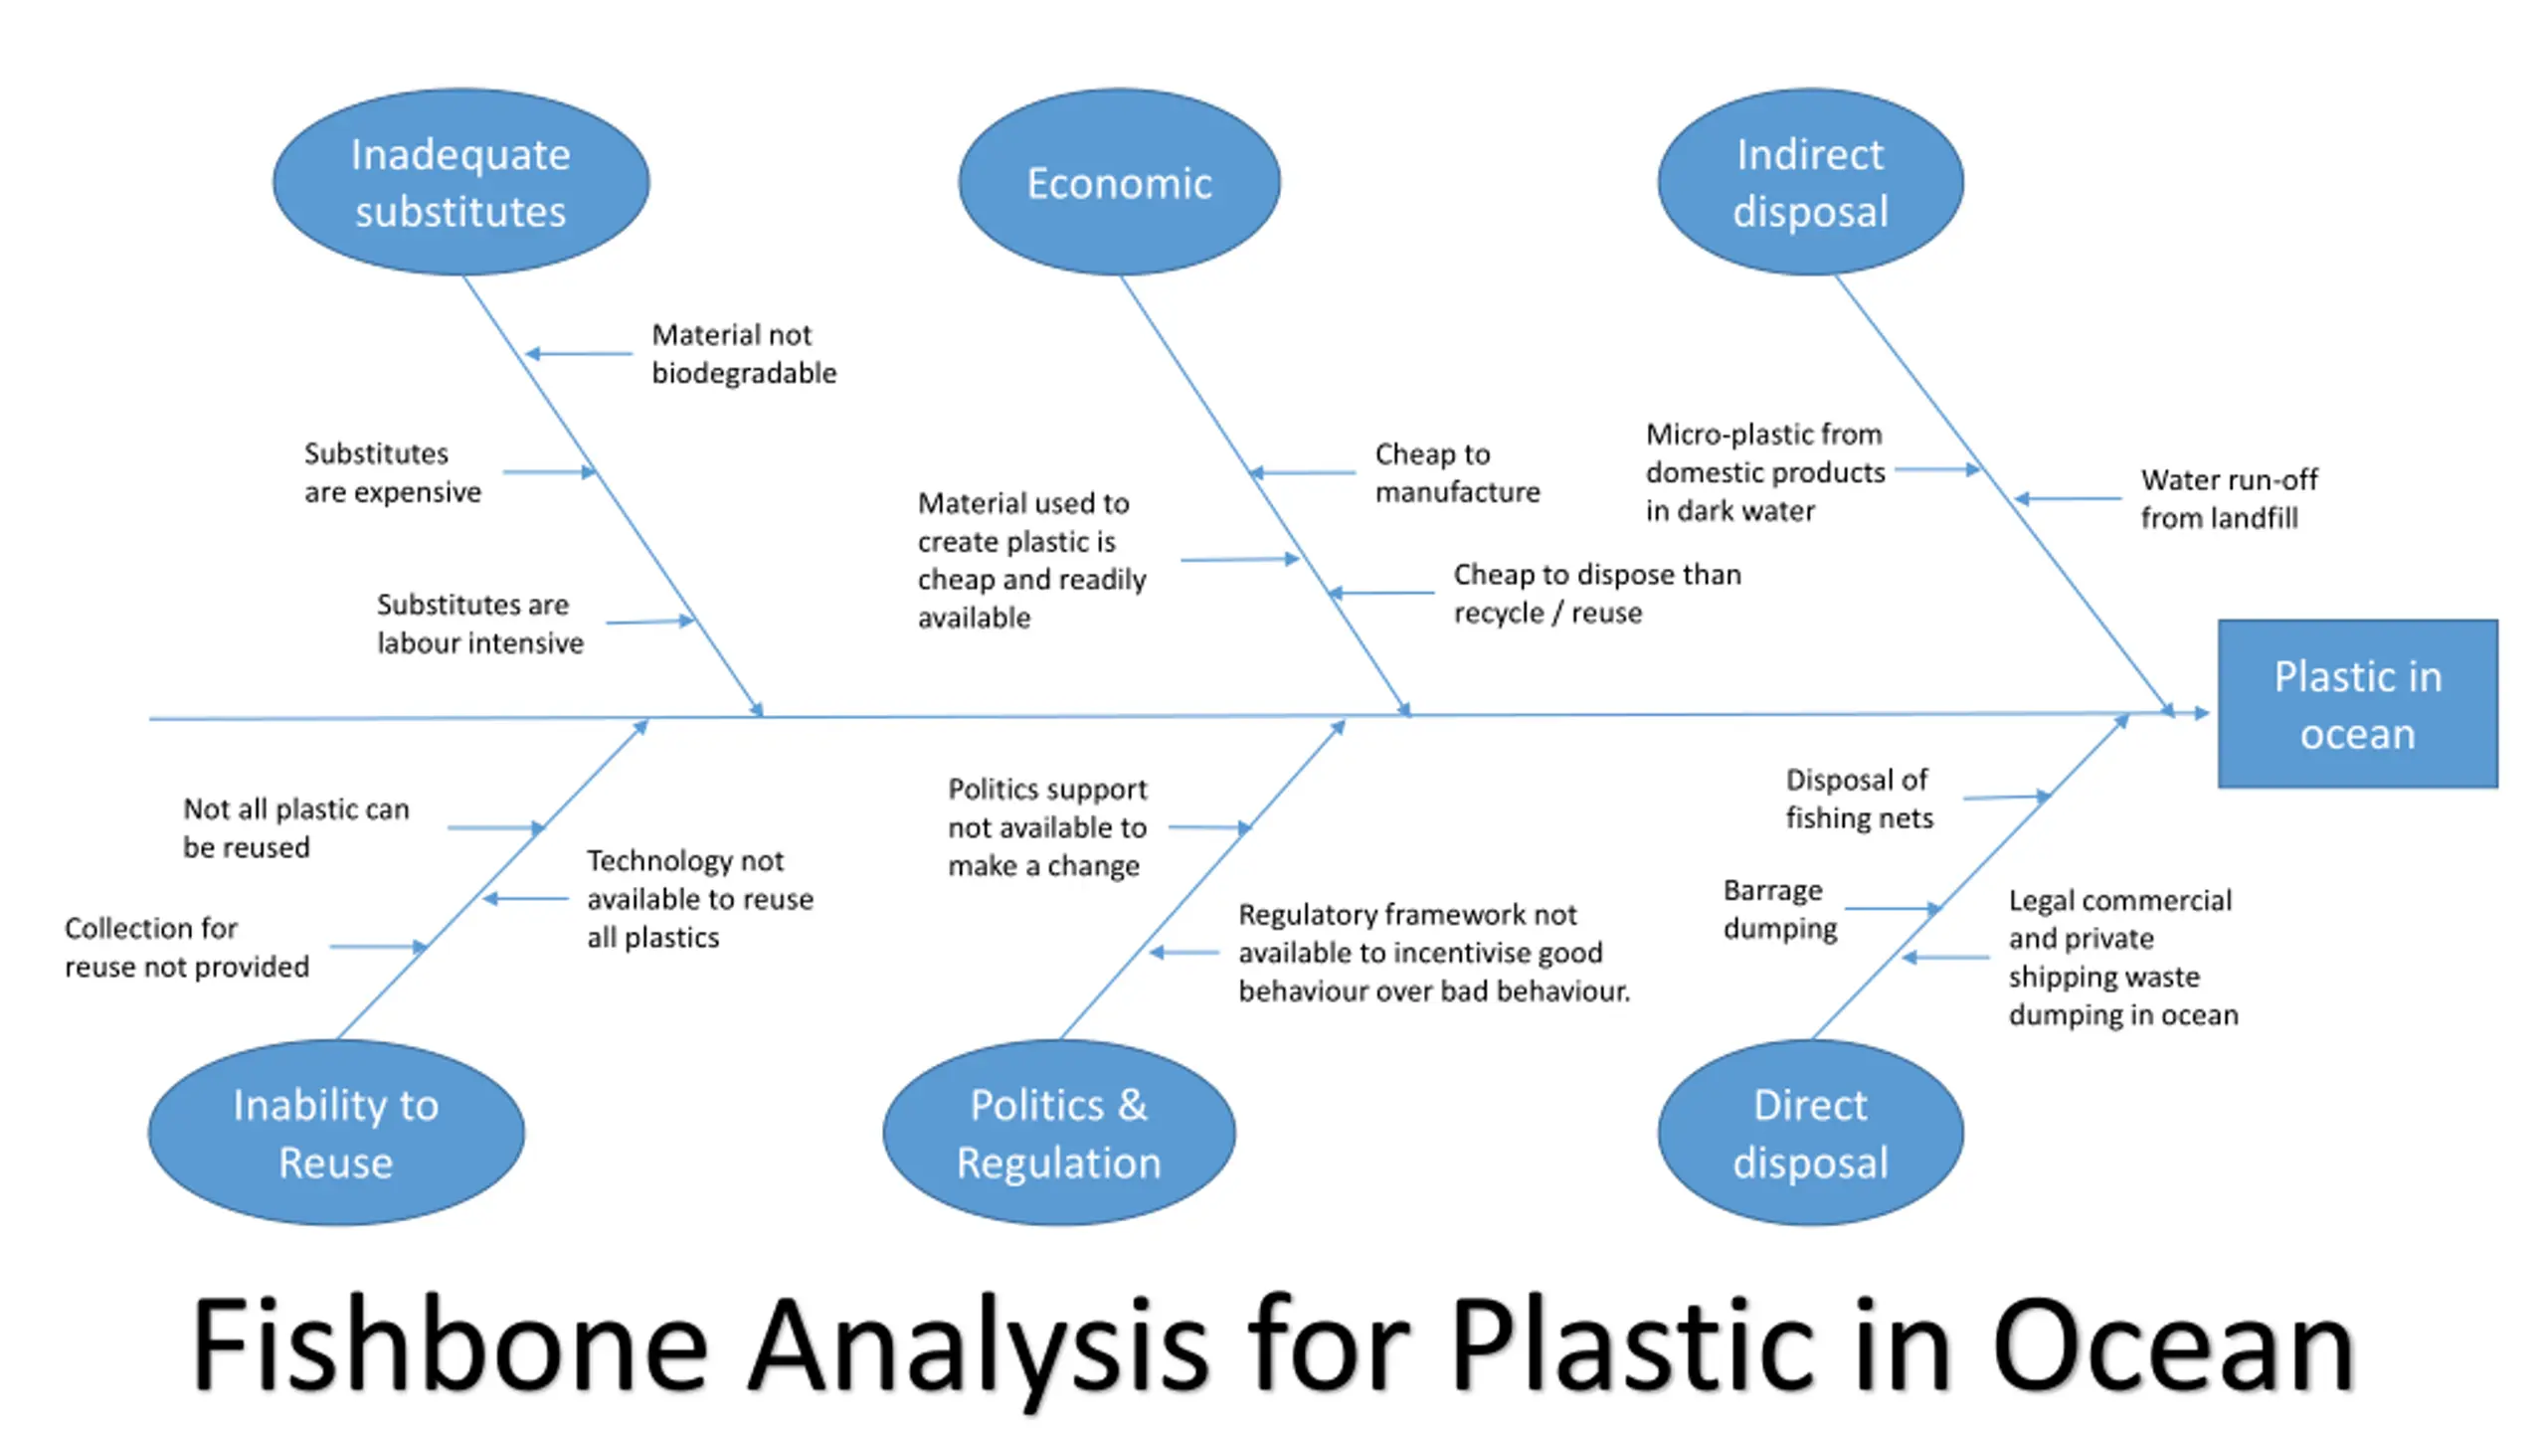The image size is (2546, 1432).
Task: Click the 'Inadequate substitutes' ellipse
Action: [461, 182]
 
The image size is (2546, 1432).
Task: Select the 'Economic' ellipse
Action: [1120, 182]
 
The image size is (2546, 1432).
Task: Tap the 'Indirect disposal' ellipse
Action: [1811, 182]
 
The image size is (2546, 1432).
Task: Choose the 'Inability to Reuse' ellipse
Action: [336, 1133]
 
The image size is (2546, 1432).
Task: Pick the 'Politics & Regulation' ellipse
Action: [1059, 1133]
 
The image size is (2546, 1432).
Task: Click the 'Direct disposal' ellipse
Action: [1811, 1133]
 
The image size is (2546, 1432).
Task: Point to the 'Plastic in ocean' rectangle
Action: [2358, 704]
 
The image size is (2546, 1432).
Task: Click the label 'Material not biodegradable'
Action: [744, 353]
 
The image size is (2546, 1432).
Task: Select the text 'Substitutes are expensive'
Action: [392, 472]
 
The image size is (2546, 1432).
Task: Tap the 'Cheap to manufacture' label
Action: [1457, 472]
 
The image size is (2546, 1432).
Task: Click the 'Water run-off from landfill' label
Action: [2229, 498]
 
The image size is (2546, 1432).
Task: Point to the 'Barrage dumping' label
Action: [1780, 909]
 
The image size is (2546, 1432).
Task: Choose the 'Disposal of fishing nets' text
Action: [1859, 799]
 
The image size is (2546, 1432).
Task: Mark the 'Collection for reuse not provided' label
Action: [187, 947]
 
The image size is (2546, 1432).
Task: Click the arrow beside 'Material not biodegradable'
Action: [578, 353]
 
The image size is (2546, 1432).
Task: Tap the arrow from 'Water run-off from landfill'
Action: [2068, 498]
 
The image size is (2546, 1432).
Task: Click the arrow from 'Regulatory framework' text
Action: [1183, 953]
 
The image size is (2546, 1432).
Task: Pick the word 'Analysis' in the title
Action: [979, 1350]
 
